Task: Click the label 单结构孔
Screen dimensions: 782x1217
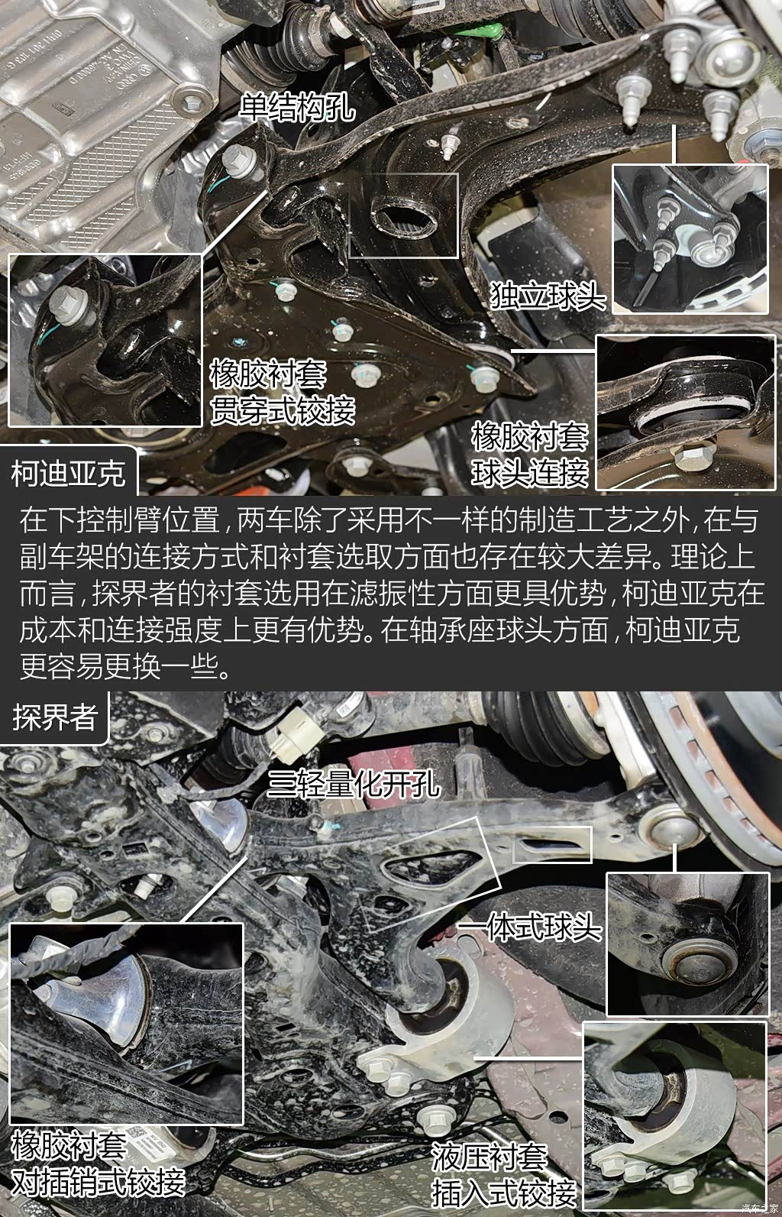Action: click(x=298, y=107)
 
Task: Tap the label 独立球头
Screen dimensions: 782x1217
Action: click(x=548, y=296)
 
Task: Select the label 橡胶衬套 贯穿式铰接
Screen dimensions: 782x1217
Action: click(x=283, y=392)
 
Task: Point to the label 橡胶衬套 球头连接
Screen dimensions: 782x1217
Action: click(x=529, y=455)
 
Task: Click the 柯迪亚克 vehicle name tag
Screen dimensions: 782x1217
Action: click(x=69, y=473)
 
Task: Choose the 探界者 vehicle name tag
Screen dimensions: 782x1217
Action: click(x=55, y=717)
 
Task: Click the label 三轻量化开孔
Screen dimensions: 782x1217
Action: click(x=353, y=784)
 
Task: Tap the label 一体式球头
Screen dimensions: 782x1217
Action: click(x=529, y=927)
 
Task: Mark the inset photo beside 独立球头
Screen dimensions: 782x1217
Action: click(x=690, y=239)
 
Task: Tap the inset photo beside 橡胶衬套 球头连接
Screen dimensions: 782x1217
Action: click(x=686, y=413)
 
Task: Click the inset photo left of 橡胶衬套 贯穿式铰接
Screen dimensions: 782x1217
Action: click(x=105, y=341)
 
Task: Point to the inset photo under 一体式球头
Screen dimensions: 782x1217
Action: click(x=688, y=946)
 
